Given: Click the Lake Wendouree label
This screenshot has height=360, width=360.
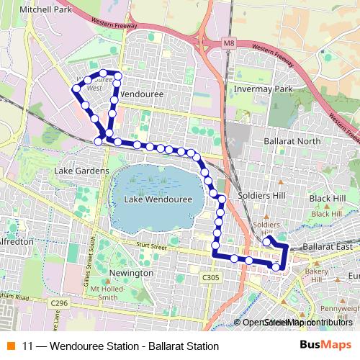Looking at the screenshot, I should [156, 199].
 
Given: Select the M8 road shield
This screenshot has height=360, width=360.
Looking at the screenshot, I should [229, 45].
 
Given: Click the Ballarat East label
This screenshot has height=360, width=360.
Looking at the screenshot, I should [328, 247].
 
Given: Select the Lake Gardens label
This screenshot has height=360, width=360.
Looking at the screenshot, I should [82, 171].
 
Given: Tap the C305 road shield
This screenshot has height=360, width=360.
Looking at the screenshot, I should [210, 276].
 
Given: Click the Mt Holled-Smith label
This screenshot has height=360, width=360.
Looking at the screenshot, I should [103, 292].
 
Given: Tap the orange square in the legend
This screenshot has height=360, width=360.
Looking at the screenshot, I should [10, 346].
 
